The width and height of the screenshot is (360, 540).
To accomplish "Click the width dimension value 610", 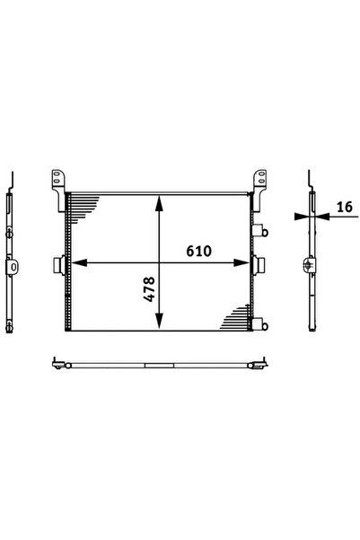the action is (198, 251).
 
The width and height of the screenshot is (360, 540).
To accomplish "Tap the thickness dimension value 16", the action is (345, 207).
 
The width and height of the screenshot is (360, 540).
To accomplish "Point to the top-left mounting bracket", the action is (58, 190).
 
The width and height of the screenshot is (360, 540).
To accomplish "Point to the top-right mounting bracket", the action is (259, 190).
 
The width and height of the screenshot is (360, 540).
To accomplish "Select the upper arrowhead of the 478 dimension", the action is (159, 203).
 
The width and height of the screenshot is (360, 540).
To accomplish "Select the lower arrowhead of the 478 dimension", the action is (159, 321).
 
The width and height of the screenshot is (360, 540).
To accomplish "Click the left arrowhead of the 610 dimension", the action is (79, 262).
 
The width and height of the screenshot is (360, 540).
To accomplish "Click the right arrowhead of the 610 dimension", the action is (241, 262).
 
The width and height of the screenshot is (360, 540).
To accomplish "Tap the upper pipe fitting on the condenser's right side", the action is (259, 231).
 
